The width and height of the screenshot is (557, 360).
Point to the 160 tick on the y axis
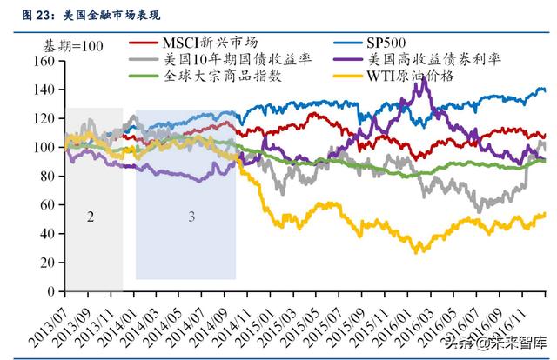point(44,62)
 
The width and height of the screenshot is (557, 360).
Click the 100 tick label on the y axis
point(44,147)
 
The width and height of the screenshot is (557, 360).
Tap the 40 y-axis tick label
point(47,234)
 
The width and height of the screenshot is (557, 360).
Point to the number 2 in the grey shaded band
point(91,216)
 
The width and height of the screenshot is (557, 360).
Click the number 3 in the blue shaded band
point(191,216)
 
